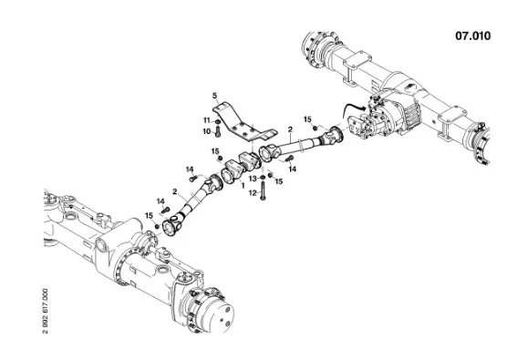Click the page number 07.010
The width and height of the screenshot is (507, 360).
(x=473, y=36)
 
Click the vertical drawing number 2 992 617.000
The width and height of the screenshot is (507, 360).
(x=46, y=311)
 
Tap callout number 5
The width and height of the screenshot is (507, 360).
(x=214, y=96)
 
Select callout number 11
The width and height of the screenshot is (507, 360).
(x=207, y=120)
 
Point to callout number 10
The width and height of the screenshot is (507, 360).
(x=207, y=131)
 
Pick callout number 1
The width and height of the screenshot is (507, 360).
(x=243, y=186)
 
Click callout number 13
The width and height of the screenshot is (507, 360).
(x=253, y=179)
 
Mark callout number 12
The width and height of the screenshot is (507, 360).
(x=253, y=193)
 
